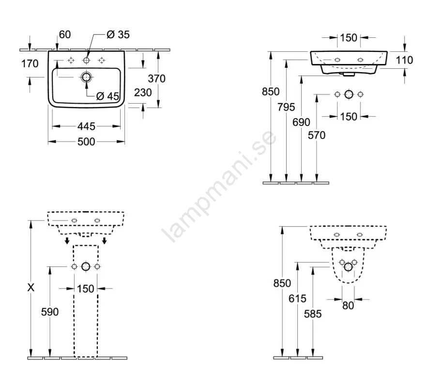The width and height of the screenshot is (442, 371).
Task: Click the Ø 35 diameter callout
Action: [x=118, y=35]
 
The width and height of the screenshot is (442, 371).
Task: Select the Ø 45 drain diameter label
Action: [x=107, y=96]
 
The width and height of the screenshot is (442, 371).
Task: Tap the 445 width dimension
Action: [x=86, y=126]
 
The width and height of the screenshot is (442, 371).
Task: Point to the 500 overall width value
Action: [x=86, y=141]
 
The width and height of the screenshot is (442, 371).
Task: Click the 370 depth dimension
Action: [x=156, y=78]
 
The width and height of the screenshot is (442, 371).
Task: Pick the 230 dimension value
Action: [x=143, y=93]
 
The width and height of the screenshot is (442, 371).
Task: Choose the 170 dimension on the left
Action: [x=30, y=64]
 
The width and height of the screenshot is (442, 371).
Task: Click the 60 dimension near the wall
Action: [x=65, y=35]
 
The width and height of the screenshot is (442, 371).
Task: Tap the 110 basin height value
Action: [x=404, y=60]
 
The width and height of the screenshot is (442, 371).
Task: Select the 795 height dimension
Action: [x=286, y=107]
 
